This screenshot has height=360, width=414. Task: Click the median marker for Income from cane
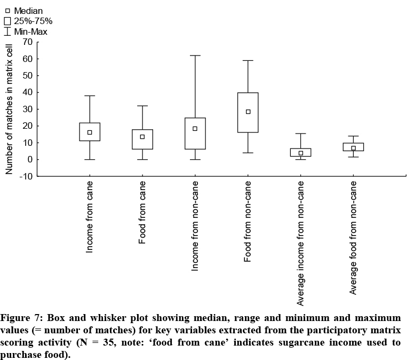90,132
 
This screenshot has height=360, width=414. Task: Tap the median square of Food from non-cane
248,112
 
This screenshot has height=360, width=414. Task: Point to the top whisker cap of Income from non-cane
195,56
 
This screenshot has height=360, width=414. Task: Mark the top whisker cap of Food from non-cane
248,60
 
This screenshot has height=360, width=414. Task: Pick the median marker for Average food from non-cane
353,148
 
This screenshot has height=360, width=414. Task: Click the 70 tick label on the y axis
28,42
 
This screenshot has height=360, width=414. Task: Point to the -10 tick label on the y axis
26,177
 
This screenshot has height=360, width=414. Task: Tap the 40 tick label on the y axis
28,92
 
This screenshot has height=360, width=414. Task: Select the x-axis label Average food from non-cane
353,238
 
